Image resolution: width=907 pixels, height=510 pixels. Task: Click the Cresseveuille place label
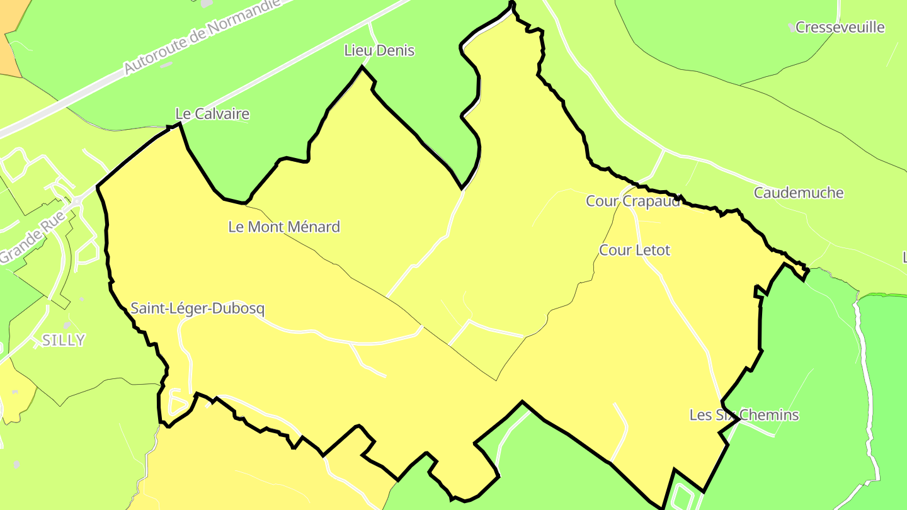coord(840,28)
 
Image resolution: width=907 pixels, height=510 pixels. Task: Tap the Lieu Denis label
coord(379,50)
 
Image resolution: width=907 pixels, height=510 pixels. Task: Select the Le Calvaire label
coord(212,114)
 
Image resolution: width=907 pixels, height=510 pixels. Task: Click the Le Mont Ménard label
coord(284,227)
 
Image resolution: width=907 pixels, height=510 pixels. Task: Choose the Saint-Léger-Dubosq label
coord(198,309)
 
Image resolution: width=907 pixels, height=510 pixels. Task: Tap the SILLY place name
coord(63,340)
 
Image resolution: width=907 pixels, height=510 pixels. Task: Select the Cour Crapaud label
coord(633,201)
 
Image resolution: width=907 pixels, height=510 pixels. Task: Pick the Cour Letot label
coord(634,250)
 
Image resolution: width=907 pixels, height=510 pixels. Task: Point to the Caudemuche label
coord(799,193)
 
